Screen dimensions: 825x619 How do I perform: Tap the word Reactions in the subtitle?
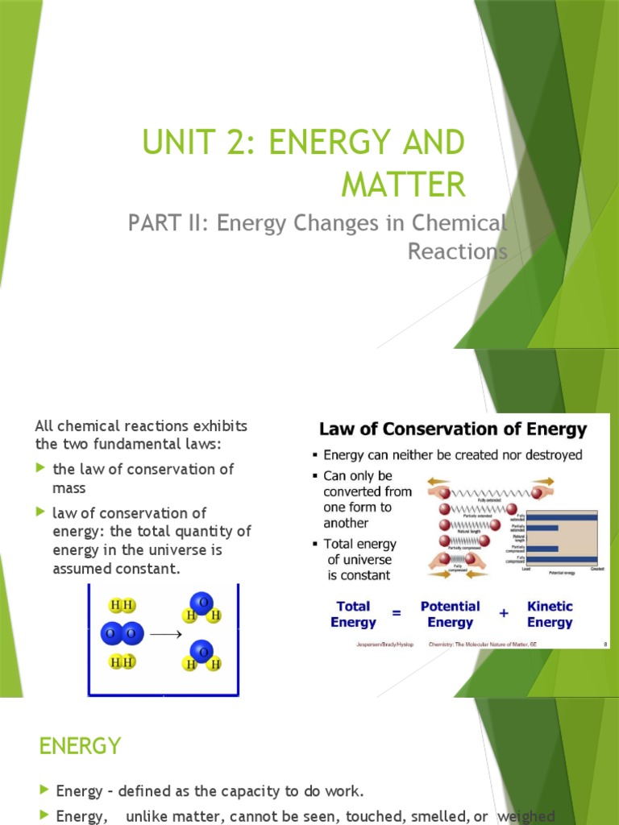[457, 251]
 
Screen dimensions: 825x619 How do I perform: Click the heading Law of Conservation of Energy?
[453, 429]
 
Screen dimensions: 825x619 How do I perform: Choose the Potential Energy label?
[450, 614]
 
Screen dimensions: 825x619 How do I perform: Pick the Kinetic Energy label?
[550, 614]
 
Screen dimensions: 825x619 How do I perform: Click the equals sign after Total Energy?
[397, 613]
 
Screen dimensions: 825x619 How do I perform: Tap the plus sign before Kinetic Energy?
[504, 613]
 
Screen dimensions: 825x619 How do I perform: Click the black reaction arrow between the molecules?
[166, 634]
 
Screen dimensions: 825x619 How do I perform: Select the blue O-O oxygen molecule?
[123, 634]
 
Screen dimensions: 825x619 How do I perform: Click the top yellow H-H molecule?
[123, 606]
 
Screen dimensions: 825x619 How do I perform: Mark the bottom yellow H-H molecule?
[123, 662]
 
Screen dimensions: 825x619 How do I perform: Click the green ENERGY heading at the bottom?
[80, 746]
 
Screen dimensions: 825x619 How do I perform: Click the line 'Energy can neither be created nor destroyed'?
[452, 455]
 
